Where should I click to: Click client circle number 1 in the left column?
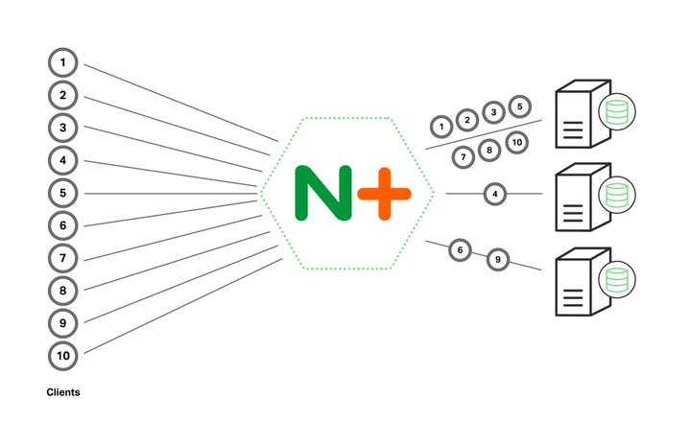[x=62, y=62]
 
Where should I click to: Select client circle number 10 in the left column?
[x=62, y=356]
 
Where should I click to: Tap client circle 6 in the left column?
[x=62, y=225]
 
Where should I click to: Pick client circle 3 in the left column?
[x=62, y=128]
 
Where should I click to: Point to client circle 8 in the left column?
[x=62, y=291]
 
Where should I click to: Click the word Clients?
[x=63, y=392]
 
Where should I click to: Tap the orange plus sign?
[x=384, y=193]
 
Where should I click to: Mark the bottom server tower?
[x=579, y=284]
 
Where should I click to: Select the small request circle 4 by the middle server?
[x=494, y=194]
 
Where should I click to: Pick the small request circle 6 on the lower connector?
[x=461, y=250]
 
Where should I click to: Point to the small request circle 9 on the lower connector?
[x=497, y=259]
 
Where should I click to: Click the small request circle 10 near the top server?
[x=516, y=143]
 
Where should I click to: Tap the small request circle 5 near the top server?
[x=519, y=106]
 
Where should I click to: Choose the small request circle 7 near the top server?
[x=463, y=155]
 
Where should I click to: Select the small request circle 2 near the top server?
[x=466, y=120]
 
